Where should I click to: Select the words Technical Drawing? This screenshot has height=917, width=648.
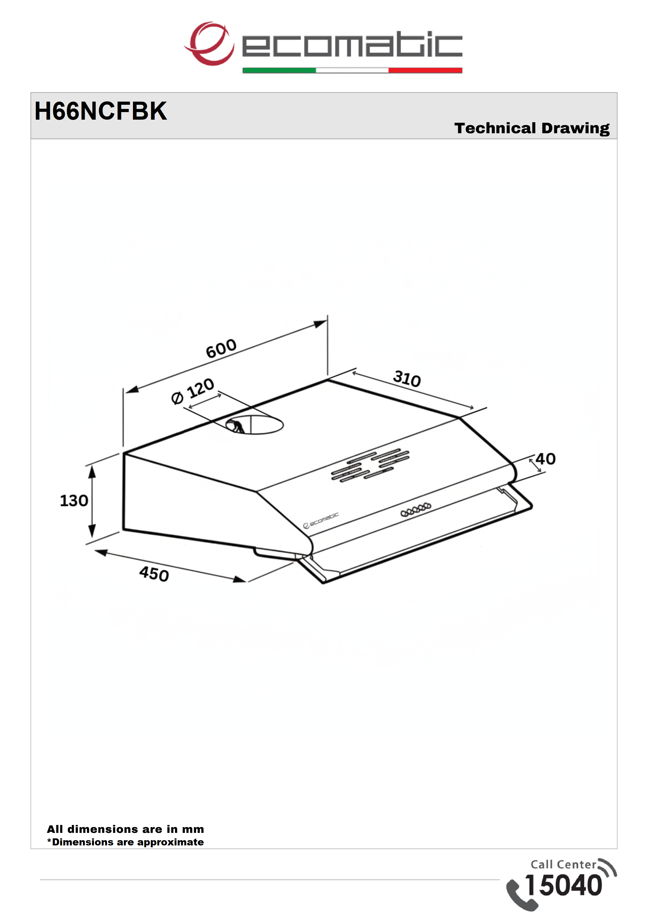pos(532,129)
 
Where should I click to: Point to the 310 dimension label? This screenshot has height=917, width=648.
pos(407,379)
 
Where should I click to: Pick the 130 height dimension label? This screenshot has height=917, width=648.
pos(74,501)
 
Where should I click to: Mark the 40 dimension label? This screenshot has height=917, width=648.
pos(545,459)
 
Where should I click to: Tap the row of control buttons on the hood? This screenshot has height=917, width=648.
pos(416,509)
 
